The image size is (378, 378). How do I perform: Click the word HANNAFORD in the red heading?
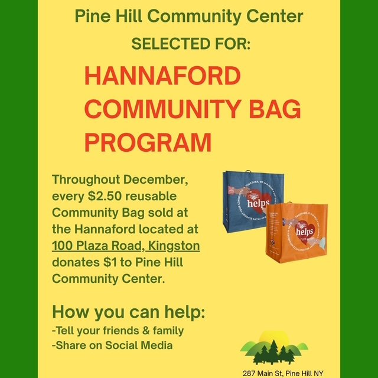pos(154,77)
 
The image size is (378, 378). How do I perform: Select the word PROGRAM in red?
pos(148,142)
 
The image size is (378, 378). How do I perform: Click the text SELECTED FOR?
pos(191,44)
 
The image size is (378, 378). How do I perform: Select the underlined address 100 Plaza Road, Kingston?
pos(126,245)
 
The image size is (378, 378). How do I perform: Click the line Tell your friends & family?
pos(118,331)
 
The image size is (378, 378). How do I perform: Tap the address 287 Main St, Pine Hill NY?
pos(283,373)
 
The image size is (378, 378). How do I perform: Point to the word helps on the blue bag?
pos(258,203)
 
